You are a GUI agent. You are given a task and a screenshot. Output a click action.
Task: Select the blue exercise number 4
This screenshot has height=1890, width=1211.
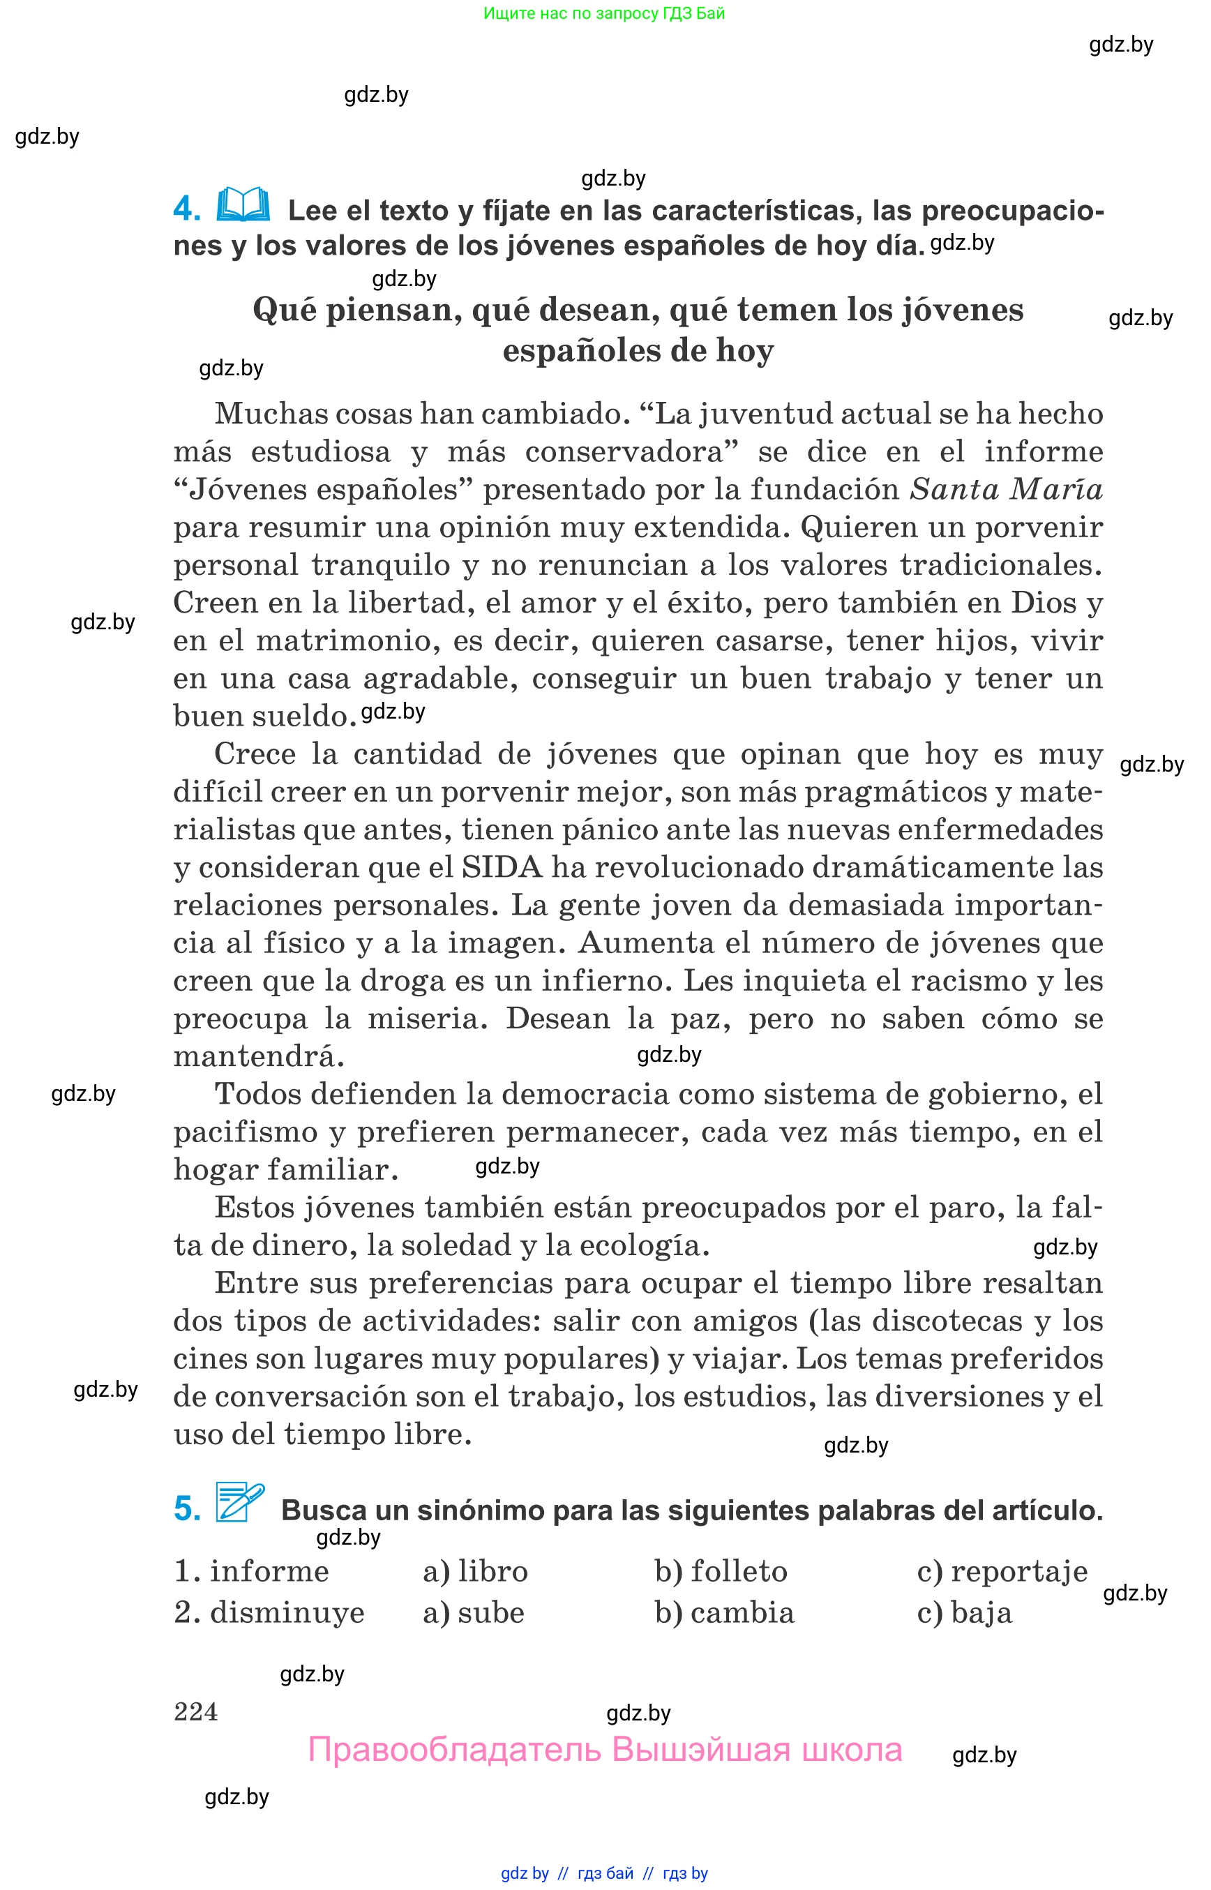pos(186,209)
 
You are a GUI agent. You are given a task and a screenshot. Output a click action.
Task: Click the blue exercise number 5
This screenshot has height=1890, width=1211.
pos(187,1508)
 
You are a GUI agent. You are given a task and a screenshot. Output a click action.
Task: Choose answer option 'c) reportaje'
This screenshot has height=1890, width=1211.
pos(1002,1570)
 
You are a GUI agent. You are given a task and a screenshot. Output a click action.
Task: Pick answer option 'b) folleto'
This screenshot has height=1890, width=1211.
pos(721,1570)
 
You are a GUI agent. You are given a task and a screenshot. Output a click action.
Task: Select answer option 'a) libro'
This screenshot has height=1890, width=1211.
pos(475,1570)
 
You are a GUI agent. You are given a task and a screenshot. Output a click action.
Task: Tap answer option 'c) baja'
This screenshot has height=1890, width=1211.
pos(964,1612)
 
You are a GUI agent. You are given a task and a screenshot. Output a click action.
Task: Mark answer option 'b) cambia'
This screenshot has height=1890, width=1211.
pos(724,1612)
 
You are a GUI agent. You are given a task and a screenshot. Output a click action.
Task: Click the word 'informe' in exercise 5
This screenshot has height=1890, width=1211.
pos(269,1570)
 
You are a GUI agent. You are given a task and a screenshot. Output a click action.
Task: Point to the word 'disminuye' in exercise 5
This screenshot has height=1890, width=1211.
pos(287,1612)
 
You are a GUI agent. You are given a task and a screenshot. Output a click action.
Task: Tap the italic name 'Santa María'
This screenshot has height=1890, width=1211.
pos(1006,489)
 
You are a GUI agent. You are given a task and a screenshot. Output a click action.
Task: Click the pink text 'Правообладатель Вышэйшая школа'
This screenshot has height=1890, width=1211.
pos(605,1750)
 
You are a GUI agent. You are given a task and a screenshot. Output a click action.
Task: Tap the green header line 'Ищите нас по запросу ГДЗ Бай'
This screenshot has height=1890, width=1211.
pos(604,13)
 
